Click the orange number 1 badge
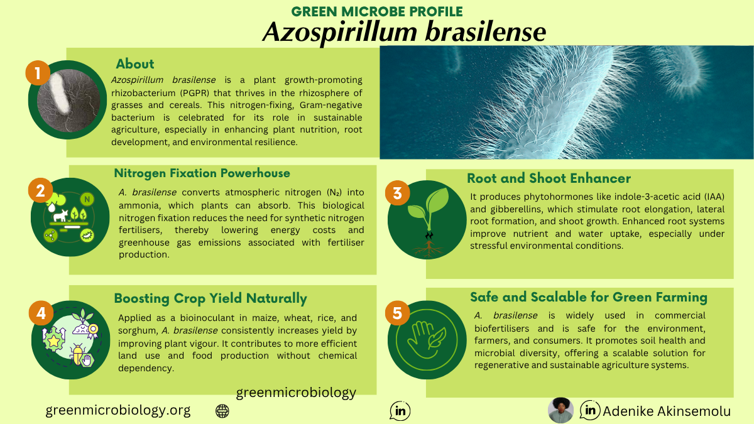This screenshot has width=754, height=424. [38, 73]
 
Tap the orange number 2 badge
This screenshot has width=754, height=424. [40, 190]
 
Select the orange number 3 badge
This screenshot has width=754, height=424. [397, 193]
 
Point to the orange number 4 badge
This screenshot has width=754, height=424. [41, 313]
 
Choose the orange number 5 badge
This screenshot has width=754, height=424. [397, 313]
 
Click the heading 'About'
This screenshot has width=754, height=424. [135, 64]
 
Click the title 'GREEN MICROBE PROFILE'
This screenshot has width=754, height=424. [377, 11]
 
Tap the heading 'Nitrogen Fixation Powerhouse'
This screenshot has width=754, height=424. [202, 173]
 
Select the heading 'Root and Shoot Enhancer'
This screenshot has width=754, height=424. [549, 178]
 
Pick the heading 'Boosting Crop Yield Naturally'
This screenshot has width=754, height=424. [210, 298]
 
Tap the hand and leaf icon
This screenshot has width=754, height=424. [427, 340]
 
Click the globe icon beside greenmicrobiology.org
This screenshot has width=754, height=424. [222, 411]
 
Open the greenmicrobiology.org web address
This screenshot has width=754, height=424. [118, 410]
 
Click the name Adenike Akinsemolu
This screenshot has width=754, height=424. [667, 411]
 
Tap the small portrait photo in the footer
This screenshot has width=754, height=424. [560, 410]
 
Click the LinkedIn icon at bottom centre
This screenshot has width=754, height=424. [400, 411]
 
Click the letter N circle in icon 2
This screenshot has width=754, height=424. [87, 199]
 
